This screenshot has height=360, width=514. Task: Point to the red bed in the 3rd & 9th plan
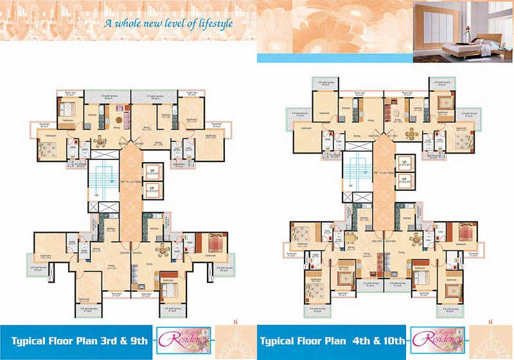[209, 244]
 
